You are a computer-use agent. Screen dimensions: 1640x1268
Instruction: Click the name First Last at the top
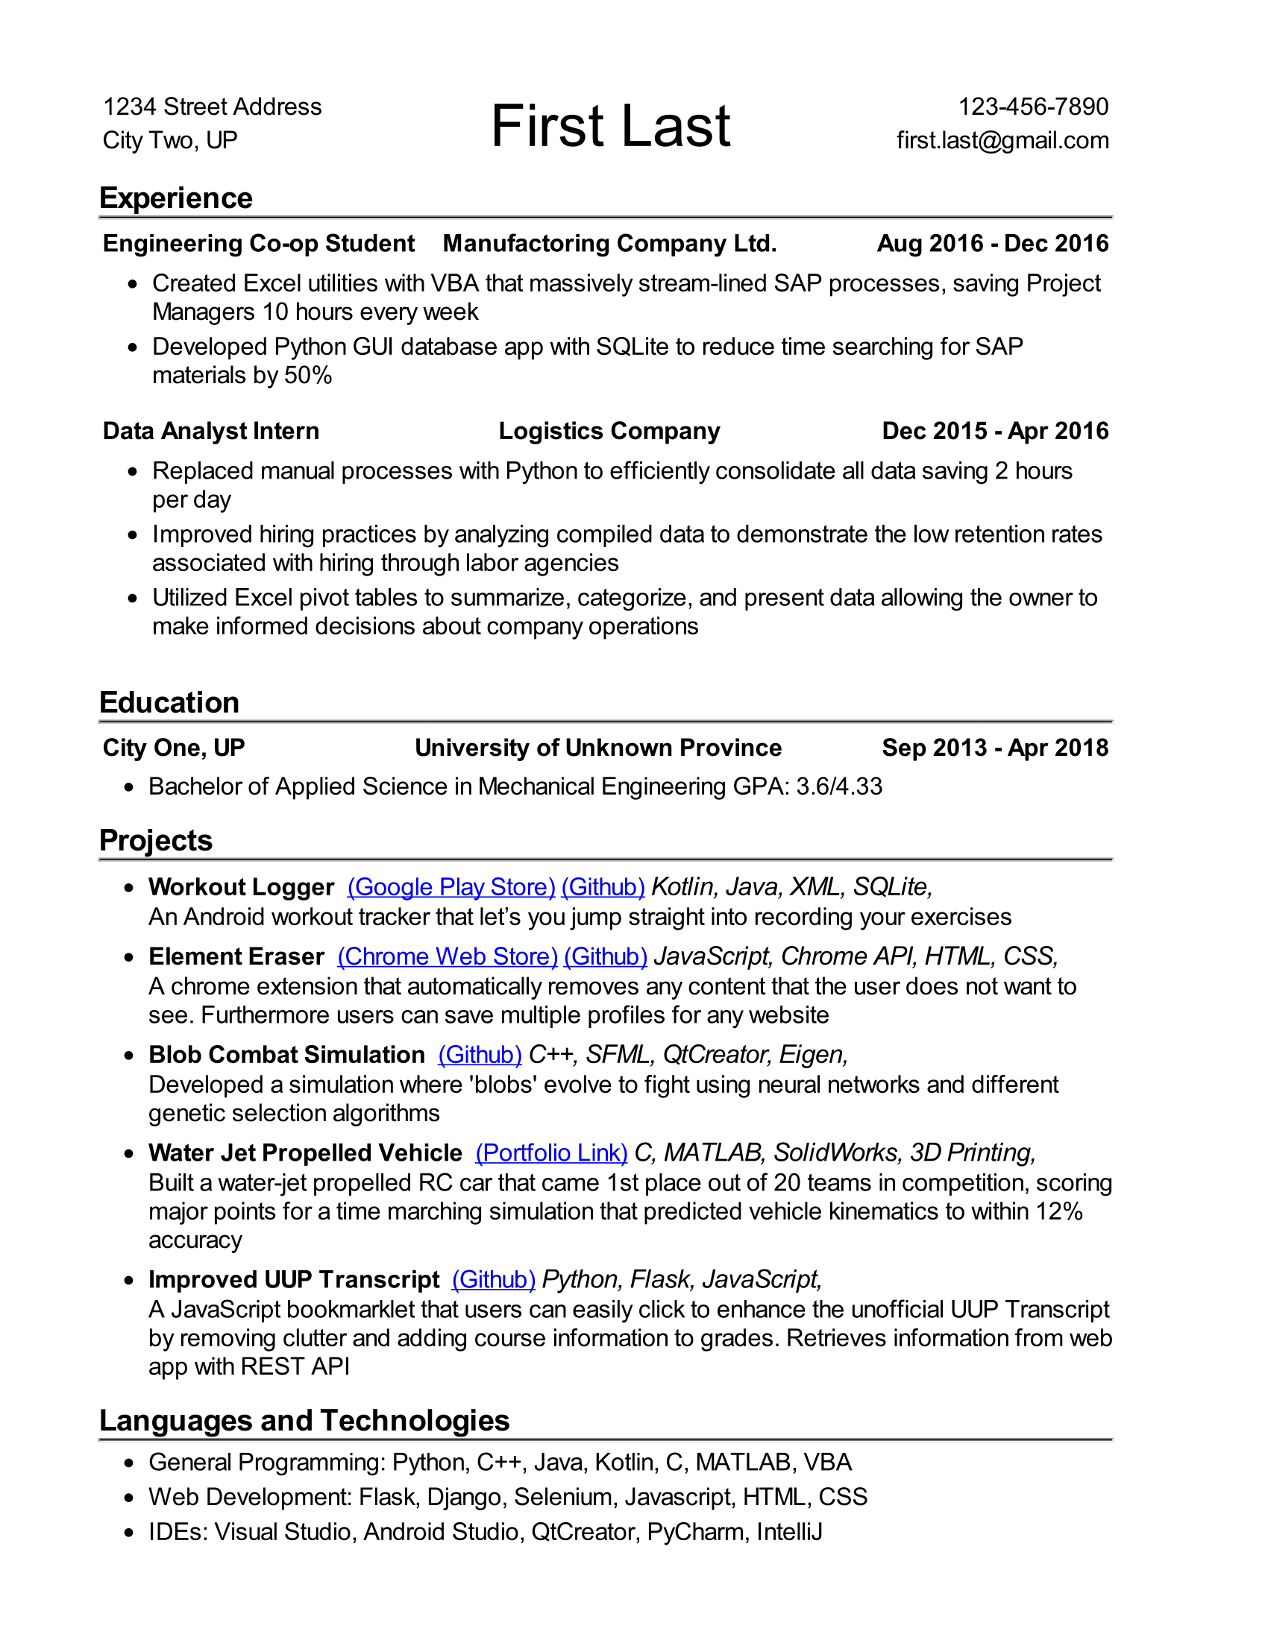pos(610,125)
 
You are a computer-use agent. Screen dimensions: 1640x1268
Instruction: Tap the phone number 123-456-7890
pos(1033,107)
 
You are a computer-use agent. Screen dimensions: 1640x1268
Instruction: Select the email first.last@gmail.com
pos(1002,140)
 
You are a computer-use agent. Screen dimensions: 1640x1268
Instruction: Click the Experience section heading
pos(176,198)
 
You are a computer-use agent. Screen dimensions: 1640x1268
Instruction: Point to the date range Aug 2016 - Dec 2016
pos(992,243)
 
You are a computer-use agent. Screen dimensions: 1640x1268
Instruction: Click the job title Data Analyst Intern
pos(211,431)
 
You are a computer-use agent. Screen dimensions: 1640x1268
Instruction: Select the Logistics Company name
pos(609,431)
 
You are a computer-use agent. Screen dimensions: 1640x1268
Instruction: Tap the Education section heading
pos(169,703)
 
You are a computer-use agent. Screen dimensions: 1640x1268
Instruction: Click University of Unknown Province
pos(598,748)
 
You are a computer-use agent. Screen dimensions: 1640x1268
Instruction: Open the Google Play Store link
pos(451,887)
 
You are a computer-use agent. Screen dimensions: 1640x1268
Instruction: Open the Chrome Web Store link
pos(447,956)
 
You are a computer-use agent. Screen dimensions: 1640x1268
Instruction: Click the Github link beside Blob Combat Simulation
pos(480,1055)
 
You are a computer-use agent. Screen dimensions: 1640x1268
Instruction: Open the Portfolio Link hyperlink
pos(551,1152)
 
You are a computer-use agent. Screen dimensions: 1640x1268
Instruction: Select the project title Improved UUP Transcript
pos(294,1279)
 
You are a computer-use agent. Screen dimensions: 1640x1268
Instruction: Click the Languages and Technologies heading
pos(304,1421)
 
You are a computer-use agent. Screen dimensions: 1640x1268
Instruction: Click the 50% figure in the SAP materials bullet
pos(308,376)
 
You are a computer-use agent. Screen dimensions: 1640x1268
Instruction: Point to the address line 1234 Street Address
pos(212,107)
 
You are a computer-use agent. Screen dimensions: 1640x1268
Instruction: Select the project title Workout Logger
pos(241,887)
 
